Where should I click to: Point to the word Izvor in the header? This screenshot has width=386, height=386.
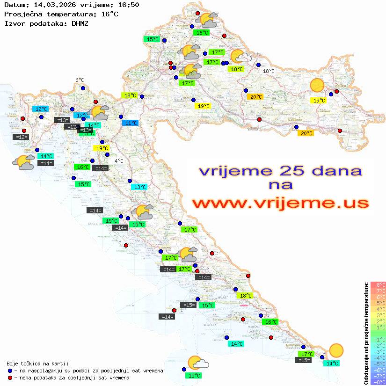click(14, 23)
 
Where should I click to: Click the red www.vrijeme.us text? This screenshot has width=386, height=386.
click(280, 203)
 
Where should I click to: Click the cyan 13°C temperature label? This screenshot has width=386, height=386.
click(140, 187)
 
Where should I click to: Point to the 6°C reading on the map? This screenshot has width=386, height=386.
click(80, 80)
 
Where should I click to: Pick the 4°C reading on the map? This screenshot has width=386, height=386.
click(119, 161)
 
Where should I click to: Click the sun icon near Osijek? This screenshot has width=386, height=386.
click(317, 85)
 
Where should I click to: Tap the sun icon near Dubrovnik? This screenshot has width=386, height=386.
click(336, 350)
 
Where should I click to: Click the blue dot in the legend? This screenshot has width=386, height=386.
click(10, 371)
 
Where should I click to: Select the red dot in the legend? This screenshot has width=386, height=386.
click(10, 378)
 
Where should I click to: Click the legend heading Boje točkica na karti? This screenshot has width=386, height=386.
click(37, 364)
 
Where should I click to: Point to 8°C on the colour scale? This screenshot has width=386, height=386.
click(378, 284)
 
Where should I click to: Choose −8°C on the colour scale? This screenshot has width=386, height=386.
click(378, 382)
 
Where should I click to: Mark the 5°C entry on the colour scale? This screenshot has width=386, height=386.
click(378, 303)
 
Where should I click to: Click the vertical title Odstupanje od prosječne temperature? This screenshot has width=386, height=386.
click(366, 333)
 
